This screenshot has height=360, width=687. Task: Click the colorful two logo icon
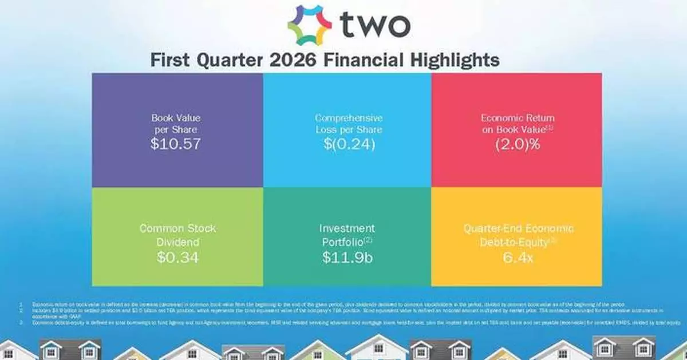(309, 24)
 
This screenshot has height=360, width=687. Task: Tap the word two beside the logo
(375, 24)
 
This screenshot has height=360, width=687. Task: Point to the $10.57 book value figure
(176, 144)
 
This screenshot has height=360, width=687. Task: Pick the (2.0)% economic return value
(517, 144)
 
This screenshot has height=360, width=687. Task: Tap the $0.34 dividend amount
(177, 257)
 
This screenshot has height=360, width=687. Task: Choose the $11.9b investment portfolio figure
(347, 257)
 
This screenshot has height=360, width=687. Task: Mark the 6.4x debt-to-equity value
(517, 257)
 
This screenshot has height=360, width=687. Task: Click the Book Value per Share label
(176, 124)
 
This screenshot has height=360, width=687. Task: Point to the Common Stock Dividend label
(177, 235)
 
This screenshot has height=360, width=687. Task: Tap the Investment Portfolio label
(347, 235)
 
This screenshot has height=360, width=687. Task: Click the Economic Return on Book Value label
(517, 124)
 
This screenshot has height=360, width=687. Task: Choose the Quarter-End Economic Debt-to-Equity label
(517, 235)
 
